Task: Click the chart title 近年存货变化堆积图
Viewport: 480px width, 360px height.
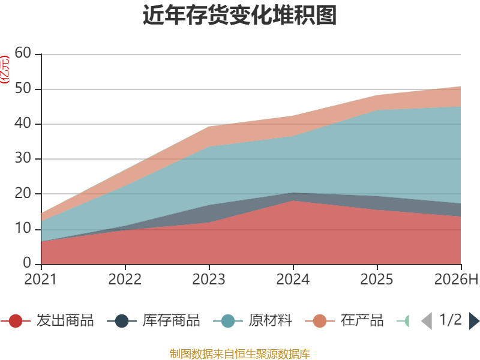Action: (x=239, y=14)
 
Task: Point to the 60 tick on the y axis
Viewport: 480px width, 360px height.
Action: (x=23, y=53)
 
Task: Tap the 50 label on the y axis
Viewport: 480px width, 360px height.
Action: (x=23, y=88)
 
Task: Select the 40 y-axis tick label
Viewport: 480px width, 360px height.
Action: (x=23, y=124)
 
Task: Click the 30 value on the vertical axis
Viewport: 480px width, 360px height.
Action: (x=23, y=158)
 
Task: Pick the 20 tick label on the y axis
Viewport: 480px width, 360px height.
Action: (x=23, y=193)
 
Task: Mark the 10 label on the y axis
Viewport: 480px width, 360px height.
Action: (x=23, y=229)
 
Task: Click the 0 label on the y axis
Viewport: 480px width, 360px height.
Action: (x=27, y=263)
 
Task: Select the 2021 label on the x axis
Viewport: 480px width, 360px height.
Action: (x=40, y=280)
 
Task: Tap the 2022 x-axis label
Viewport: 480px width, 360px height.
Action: (x=125, y=280)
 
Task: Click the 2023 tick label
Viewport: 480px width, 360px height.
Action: (x=209, y=280)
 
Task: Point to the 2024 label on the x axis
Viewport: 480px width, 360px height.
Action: (x=293, y=280)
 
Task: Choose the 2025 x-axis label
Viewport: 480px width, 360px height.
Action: (x=377, y=280)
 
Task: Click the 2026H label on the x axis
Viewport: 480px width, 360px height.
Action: (x=456, y=280)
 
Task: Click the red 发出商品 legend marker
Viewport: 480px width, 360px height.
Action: (x=16, y=321)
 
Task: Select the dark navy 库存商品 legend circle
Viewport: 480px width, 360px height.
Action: (x=122, y=321)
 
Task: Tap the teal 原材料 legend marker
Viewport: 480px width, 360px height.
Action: (x=228, y=321)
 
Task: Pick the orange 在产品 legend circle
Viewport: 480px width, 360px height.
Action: (x=320, y=321)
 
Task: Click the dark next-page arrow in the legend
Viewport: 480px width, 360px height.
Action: (x=474, y=321)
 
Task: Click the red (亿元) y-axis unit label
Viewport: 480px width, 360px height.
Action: (x=5, y=70)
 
